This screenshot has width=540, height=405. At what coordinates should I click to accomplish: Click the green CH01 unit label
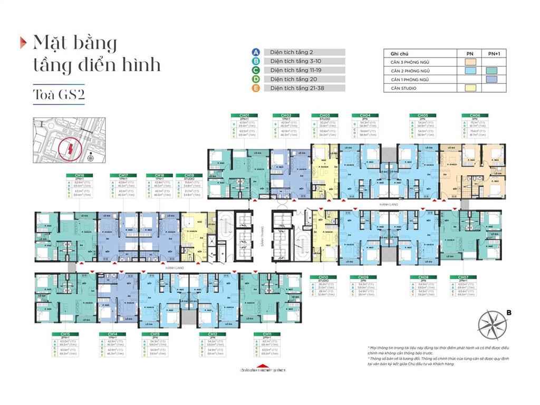click(x=244, y=115)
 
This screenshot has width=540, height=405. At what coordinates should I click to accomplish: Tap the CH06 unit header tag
click(x=471, y=115)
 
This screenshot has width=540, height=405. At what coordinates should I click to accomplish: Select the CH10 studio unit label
click(x=323, y=277)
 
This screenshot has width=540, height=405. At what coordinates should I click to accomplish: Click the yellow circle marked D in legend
click(x=256, y=79)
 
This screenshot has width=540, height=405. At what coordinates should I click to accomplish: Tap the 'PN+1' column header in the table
click(x=494, y=54)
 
